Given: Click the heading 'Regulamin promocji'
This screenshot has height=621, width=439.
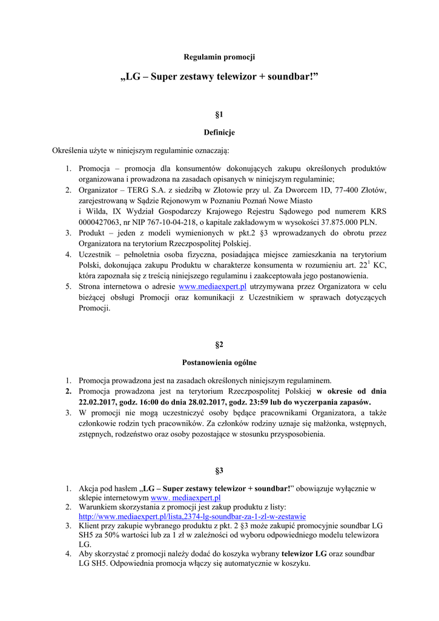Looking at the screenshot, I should click(x=219, y=57).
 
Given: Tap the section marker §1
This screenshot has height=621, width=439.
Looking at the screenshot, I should click(x=219, y=114).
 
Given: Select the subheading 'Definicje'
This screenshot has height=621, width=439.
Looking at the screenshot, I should click(x=219, y=132).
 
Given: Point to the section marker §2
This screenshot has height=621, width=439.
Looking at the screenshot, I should click(x=219, y=344).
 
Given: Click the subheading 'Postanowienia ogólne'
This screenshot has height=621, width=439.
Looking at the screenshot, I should click(x=219, y=362).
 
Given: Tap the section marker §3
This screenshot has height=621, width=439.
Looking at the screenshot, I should click(x=219, y=470).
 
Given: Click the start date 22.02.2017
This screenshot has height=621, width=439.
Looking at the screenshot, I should click(x=101, y=401).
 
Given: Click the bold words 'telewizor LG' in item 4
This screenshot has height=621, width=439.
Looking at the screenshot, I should click(x=304, y=554).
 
